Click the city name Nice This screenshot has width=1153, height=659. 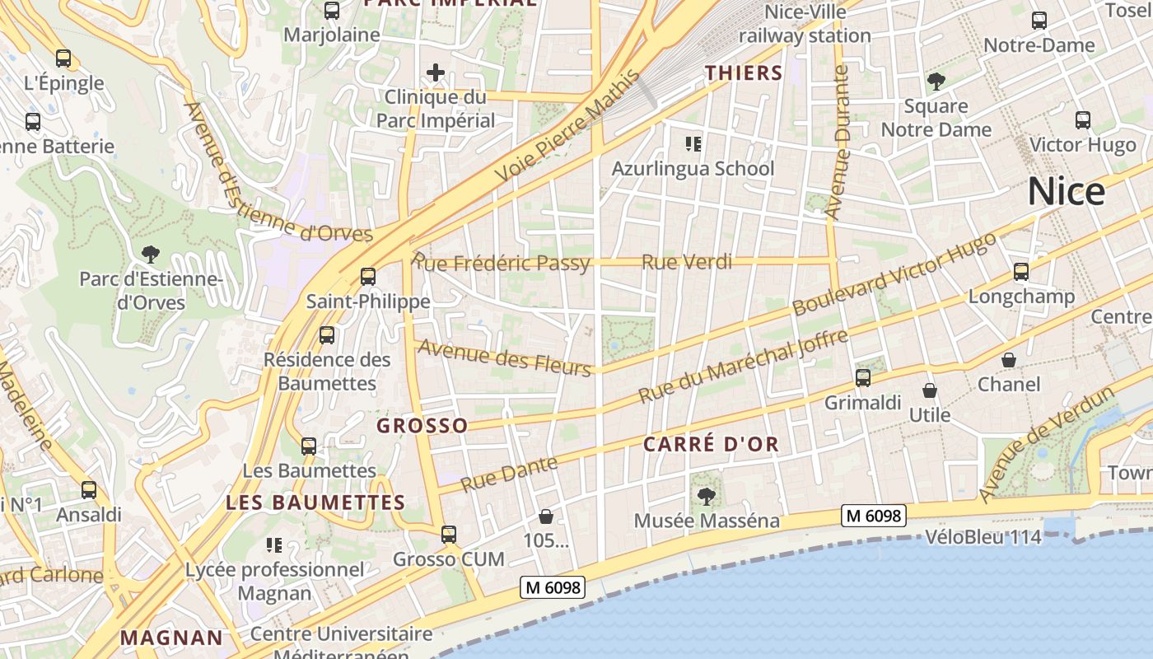(x=1066, y=192)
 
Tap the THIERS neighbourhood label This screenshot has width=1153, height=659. (x=744, y=73)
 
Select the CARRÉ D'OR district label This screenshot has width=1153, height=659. (x=711, y=445)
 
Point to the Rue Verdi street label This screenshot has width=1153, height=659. (x=686, y=262)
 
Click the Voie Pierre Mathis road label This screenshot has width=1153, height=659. (x=568, y=127)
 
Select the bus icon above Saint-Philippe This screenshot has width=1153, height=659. (x=368, y=277)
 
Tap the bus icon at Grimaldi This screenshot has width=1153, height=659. (x=863, y=378)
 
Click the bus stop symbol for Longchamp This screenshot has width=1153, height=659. (x=1021, y=272)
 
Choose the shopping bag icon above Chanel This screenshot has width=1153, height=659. (x=1009, y=360)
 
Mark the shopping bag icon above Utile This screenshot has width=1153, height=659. (x=930, y=390)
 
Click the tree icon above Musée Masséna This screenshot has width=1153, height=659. (x=706, y=496)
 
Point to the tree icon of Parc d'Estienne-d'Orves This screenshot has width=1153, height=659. (x=151, y=254)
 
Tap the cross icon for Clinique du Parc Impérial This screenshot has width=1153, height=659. (x=436, y=72)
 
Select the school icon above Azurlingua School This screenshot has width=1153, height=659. (x=693, y=145)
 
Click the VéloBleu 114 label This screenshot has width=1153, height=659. (x=983, y=537)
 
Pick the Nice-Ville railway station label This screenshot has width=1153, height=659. (x=805, y=24)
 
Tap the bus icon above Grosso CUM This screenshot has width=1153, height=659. (x=448, y=535)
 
